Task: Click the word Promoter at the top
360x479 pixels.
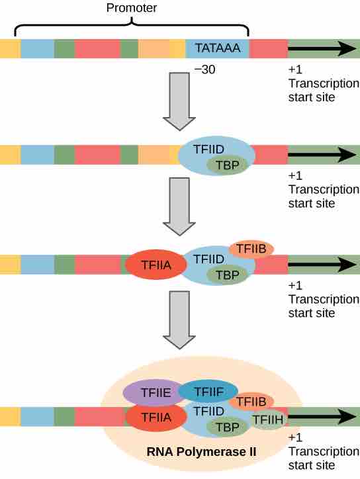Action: point(132,7)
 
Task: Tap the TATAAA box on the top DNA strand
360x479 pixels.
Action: point(217,49)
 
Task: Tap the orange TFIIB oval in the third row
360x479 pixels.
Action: point(251,249)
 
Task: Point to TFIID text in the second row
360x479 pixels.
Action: point(208,150)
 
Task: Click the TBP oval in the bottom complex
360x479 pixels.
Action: point(228,427)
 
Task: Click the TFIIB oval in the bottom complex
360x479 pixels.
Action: point(251,401)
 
